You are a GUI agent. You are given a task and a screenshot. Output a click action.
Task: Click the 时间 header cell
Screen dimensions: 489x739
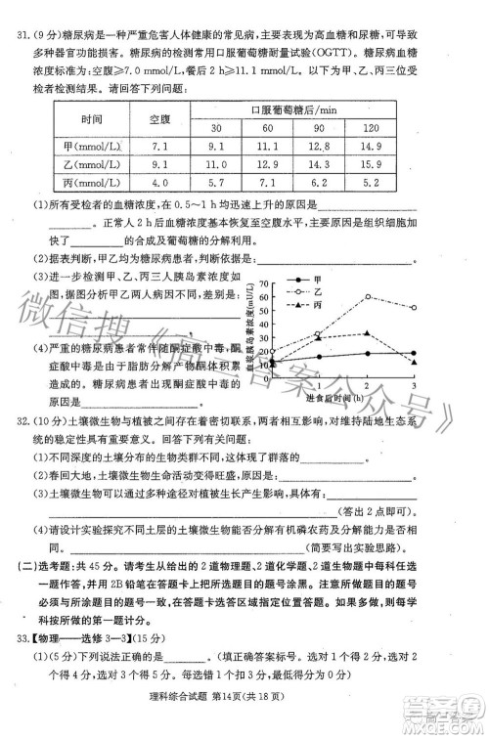(84, 117)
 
